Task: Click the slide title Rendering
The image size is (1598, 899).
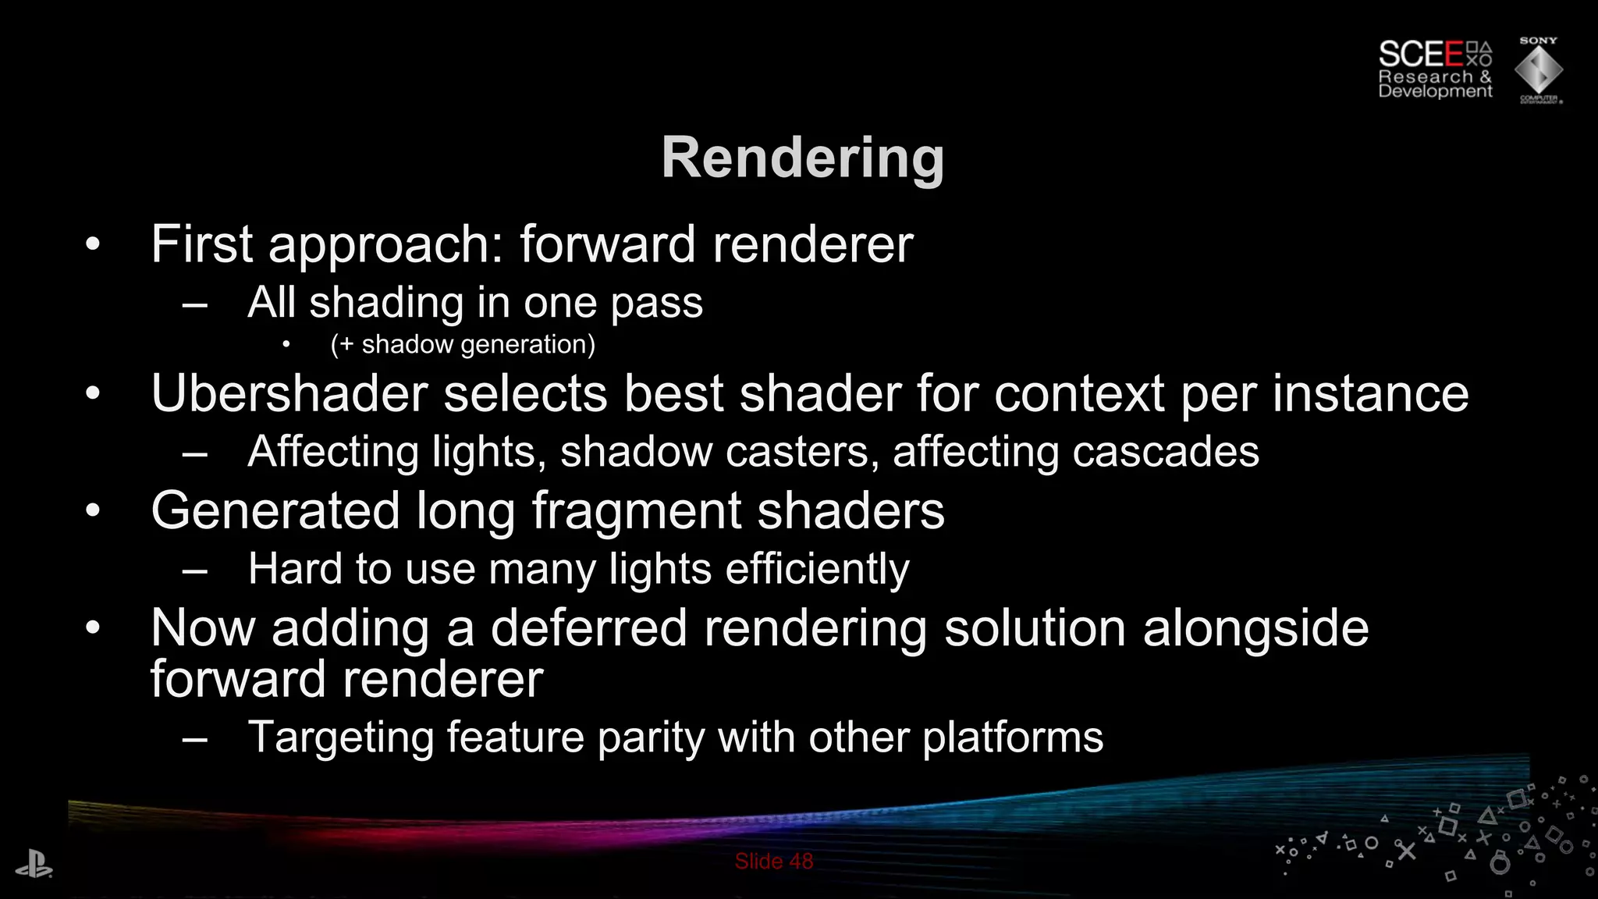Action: [x=802, y=158]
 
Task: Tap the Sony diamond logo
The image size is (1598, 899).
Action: [x=1538, y=71]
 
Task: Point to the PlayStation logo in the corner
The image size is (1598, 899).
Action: [x=34, y=865]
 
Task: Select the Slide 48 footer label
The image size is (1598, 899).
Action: [x=773, y=862]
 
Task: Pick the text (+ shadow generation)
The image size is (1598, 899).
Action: [x=463, y=344]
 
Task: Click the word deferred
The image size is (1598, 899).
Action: [x=588, y=628]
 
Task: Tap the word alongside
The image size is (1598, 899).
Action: [x=1255, y=628]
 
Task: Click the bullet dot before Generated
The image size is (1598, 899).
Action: [x=93, y=511]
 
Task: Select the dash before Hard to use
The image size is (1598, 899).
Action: [x=194, y=571]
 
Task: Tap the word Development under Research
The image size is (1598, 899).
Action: [x=1435, y=91]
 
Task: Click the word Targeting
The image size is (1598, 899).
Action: [x=339, y=737]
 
